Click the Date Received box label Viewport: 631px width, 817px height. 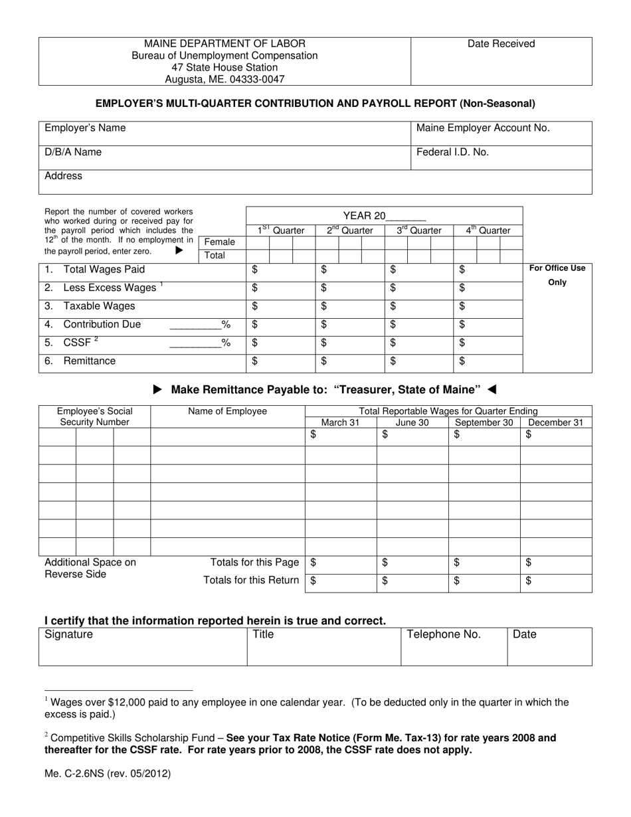coord(501,44)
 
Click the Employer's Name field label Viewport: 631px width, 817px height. coord(84,128)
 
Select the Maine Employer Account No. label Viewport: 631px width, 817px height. coord(483,128)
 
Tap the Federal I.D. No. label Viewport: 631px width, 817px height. coord(452,152)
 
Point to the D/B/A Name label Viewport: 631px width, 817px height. coord(73,152)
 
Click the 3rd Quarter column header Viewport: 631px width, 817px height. coord(418,230)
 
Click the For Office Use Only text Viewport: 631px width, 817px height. coord(557,275)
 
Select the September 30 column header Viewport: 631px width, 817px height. coord(484,422)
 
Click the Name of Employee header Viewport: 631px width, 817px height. coord(227,411)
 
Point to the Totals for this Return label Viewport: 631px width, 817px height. coord(251,581)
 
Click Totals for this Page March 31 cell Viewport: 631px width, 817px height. coord(341,563)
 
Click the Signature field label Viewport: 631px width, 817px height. coord(69,635)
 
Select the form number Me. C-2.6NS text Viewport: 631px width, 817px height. coord(107,774)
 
